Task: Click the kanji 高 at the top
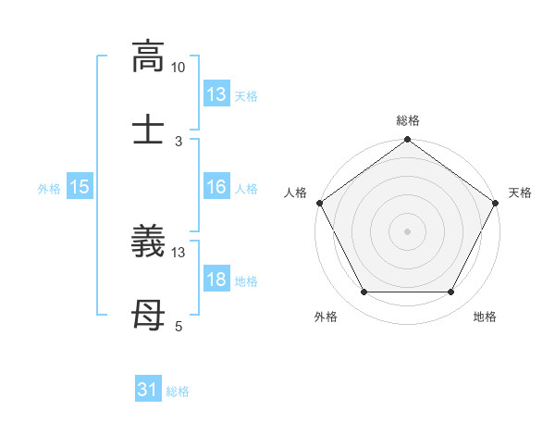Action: click(147, 56)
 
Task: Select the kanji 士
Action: click(147, 128)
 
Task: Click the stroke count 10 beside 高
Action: click(179, 68)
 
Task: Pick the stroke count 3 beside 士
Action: click(179, 141)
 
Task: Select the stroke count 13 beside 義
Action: click(179, 253)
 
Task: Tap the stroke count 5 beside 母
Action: click(179, 326)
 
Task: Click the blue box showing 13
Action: click(216, 94)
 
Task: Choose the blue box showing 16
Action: click(216, 187)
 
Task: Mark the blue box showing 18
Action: click(216, 280)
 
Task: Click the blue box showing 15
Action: click(80, 187)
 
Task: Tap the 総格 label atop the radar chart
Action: click(408, 120)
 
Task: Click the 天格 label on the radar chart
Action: click(520, 193)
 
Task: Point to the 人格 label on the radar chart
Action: click(295, 193)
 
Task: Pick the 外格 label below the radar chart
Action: click(326, 317)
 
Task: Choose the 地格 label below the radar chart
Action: click(485, 317)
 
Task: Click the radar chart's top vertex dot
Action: click(407, 141)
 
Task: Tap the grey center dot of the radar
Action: click(407, 230)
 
